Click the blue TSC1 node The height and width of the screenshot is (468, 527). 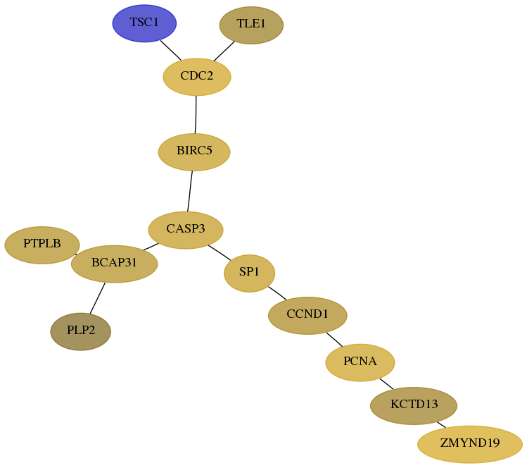[144, 23]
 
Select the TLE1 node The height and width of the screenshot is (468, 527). [251, 25]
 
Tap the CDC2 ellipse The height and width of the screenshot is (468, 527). [196, 77]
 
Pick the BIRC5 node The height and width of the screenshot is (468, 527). [194, 152]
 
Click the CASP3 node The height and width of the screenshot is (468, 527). [186, 230]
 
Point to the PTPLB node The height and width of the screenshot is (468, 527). [42, 245]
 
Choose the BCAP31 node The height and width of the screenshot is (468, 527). [114, 264]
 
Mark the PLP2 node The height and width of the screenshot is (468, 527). [81, 332]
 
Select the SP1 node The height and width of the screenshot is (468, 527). [249, 273]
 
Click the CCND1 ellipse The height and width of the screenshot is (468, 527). [307, 316]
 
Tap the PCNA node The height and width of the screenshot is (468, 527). [360, 362]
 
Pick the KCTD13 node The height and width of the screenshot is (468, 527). [414, 406]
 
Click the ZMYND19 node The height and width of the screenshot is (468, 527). [470, 445]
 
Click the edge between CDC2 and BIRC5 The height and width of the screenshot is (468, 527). [196, 114]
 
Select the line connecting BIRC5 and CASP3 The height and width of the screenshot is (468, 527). [190, 191]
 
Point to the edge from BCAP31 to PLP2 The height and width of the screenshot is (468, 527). [98, 298]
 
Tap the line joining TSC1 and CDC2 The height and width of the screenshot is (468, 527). [170, 50]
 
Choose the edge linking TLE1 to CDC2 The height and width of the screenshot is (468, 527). [224, 51]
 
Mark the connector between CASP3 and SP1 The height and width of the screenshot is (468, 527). [220, 252]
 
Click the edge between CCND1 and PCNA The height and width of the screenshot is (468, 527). [334, 340]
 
